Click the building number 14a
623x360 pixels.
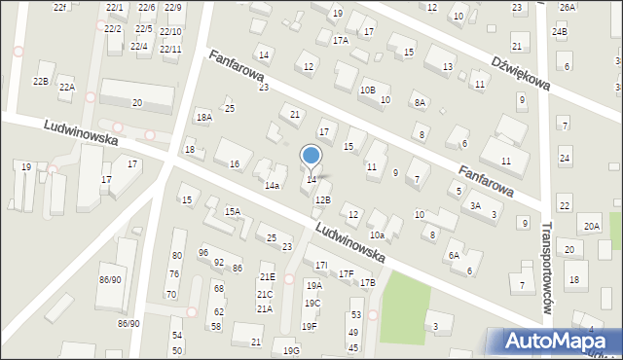(273, 185)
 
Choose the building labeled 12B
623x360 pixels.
(322, 199)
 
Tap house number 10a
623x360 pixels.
(376, 234)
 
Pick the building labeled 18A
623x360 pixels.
(203, 117)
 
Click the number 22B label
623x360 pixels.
(40, 81)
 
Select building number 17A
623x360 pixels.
(340, 41)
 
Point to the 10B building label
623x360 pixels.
(367, 90)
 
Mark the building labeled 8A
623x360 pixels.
(420, 102)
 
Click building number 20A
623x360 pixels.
(592, 227)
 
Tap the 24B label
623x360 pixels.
(559, 32)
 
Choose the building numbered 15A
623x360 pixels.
(233, 211)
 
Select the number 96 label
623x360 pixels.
(202, 253)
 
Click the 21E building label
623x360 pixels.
(267, 277)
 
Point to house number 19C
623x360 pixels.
(311, 303)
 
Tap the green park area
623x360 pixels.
(405, 306)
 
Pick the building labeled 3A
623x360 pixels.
(475, 205)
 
